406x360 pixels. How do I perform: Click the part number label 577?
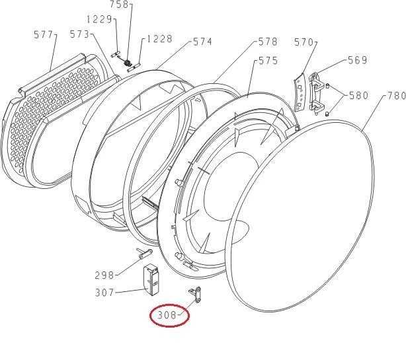tap(43, 34)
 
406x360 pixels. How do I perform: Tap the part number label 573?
tap(79, 34)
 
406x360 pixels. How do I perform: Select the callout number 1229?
tap(99, 19)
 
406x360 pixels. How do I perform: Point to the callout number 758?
tap(120, 5)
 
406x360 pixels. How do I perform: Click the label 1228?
tap(159, 39)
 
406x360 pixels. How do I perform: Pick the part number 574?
tap(203, 42)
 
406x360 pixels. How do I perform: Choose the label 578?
tap(268, 42)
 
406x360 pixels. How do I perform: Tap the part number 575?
tap(268, 61)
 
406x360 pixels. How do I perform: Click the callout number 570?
tap(304, 42)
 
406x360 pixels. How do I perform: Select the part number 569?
tap(358, 60)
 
